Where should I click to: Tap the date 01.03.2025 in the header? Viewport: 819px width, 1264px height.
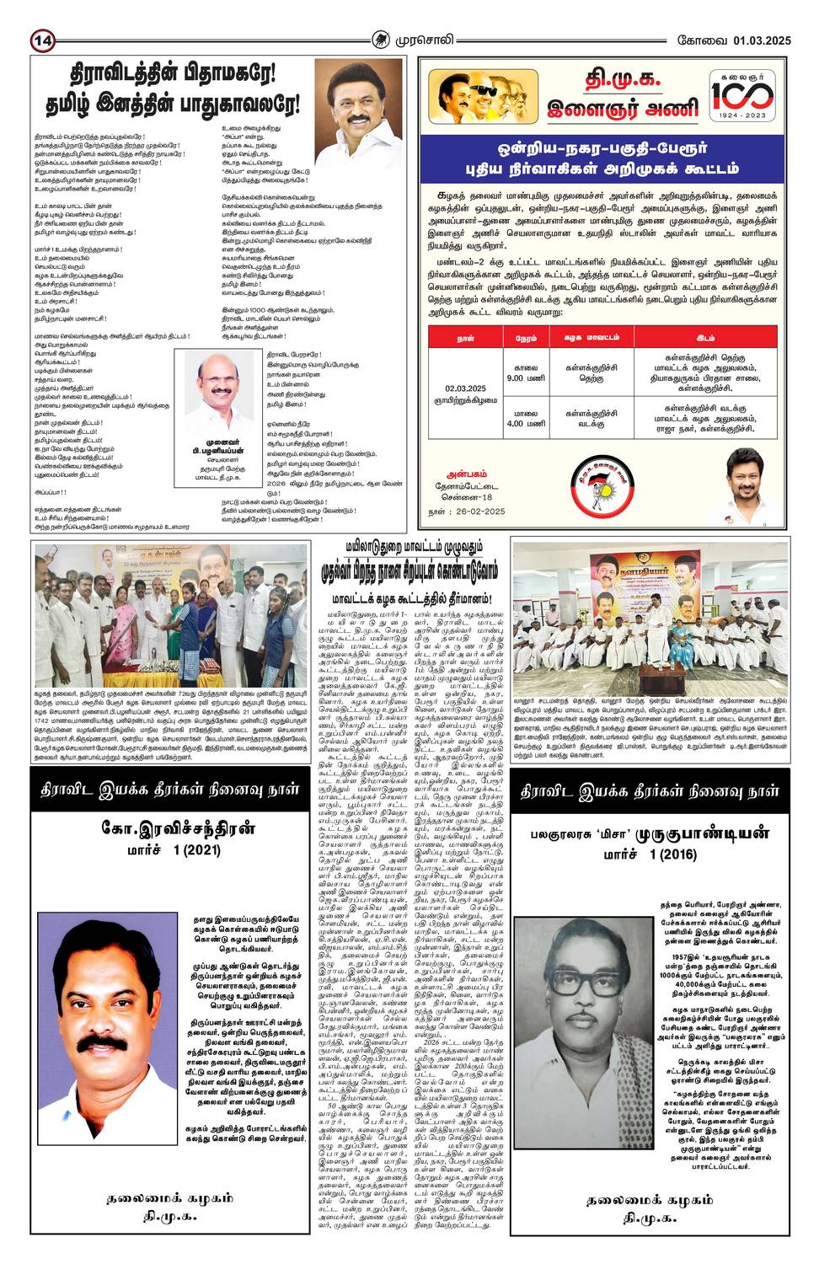(x=762, y=40)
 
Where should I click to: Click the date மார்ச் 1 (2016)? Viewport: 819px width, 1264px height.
(x=650, y=854)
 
